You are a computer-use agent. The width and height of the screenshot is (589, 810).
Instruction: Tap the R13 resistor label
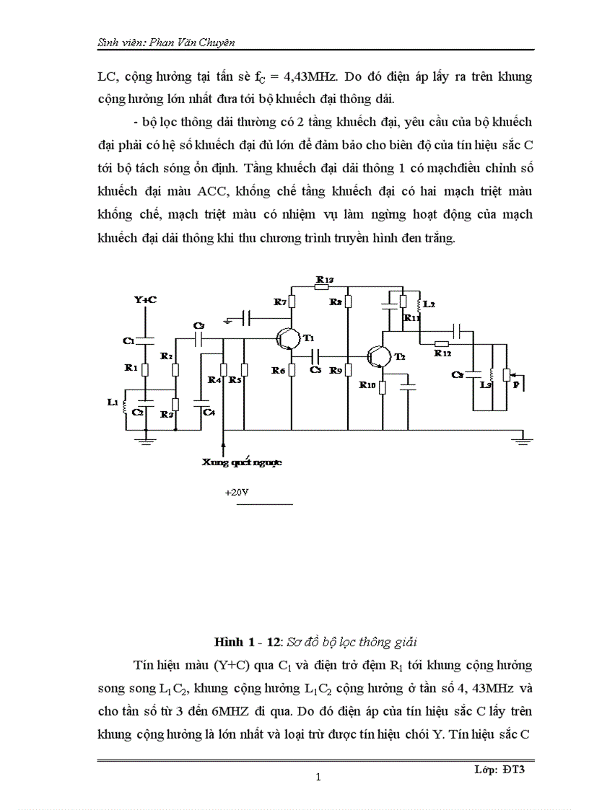tap(325, 279)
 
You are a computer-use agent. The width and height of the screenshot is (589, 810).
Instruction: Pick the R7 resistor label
tap(280, 301)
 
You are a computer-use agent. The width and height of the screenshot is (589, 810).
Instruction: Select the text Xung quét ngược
tap(242, 462)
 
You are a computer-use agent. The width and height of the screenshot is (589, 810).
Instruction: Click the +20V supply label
tap(236, 493)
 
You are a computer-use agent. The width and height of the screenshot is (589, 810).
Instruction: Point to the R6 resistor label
tap(279, 369)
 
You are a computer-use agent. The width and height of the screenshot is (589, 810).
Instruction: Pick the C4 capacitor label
tap(209, 412)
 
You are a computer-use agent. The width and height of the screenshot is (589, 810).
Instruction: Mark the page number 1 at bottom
tap(318, 778)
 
